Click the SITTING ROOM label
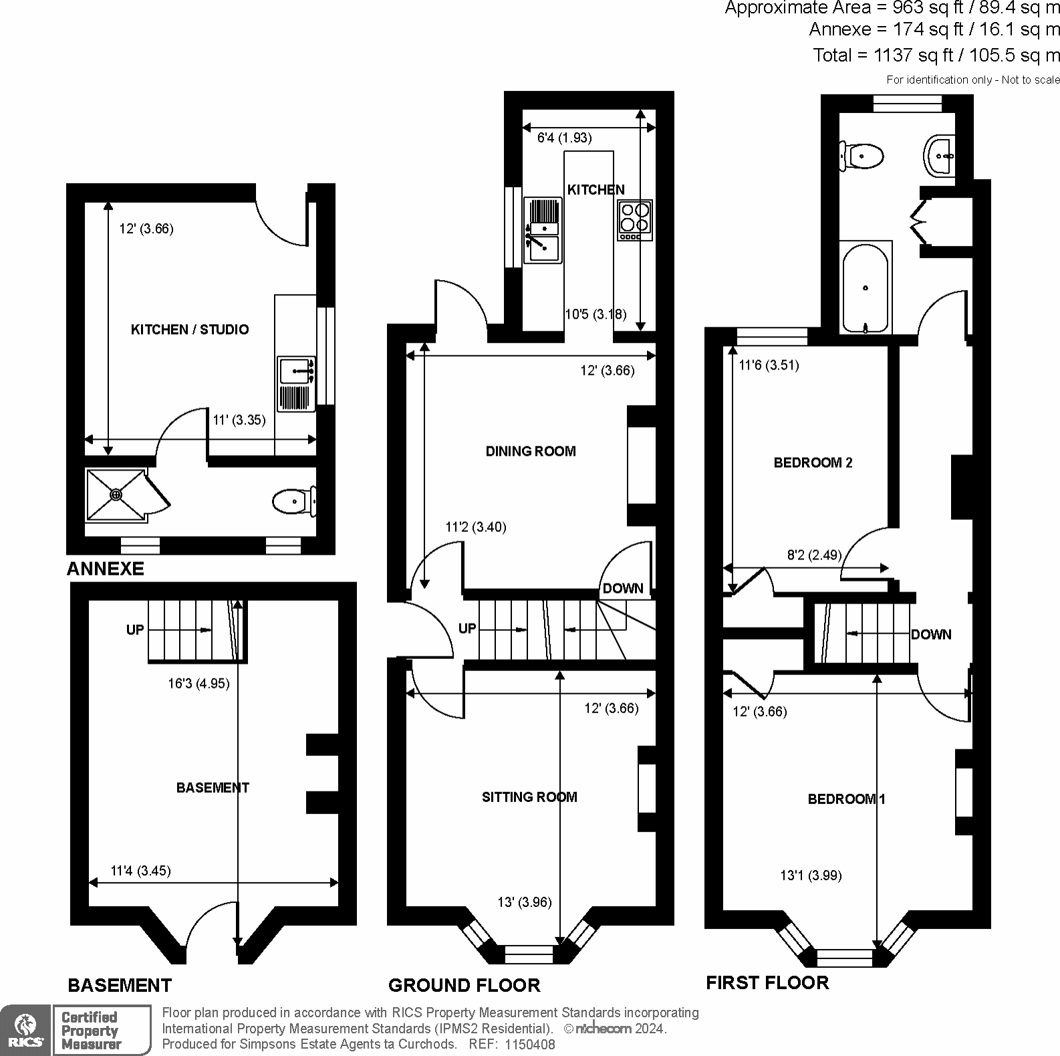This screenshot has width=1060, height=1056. (529, 797)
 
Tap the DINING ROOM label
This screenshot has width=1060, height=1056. (531, 451)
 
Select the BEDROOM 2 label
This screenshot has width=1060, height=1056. (813, 463)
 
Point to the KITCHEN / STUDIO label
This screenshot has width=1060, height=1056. (190, 329)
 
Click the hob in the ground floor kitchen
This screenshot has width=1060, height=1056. (635, 220)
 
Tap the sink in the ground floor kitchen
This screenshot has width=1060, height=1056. (543, 230)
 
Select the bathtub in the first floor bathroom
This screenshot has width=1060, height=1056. (866, 287)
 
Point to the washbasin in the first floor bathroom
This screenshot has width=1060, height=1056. (941, 156)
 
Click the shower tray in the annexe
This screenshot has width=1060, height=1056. (116, 495)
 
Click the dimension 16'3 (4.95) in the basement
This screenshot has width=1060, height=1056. (198, 684)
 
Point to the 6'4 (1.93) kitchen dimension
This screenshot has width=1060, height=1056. (565, 138)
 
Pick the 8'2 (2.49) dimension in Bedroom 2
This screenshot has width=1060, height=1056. (815, 555)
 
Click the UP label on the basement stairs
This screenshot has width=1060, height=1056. (135, 630)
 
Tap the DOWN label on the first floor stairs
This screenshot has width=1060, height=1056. (931, 634)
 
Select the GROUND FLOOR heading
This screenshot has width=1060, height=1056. (464, 985)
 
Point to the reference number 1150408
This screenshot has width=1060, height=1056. (529, 1044)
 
